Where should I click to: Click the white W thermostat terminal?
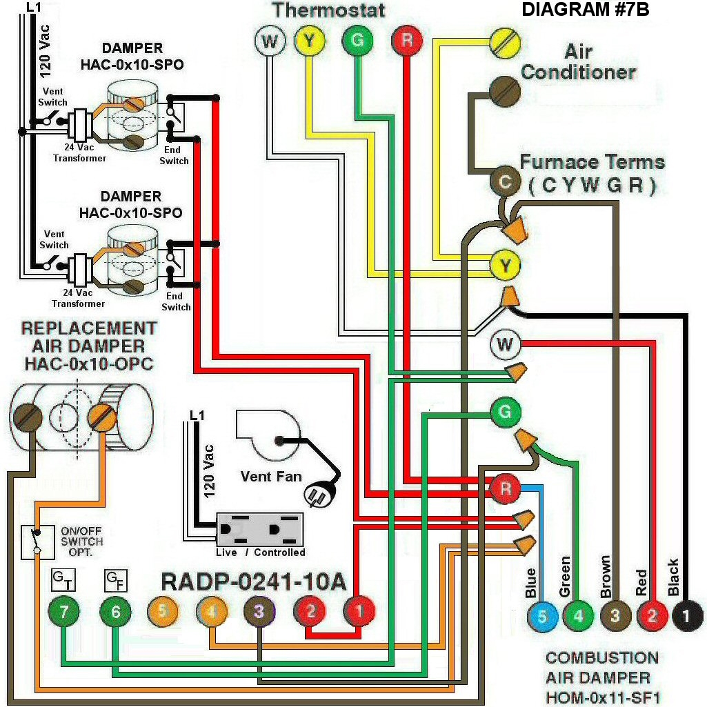[x=270, y=41]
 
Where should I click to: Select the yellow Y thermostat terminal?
[x=310, y=41]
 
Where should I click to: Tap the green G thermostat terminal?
[x=357, y=41]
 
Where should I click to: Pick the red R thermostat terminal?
[x=407, y=41]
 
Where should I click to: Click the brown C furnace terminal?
[x=505, y=182]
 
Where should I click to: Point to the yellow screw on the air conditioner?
[x=504, y=43]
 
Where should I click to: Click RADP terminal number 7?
[x=63, y=611]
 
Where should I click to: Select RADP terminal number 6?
[x=114, y=611]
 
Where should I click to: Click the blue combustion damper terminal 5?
[x=542, y=616]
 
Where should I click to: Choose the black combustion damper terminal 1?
[x=685, y=616]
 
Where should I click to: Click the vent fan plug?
[x=319, y=494]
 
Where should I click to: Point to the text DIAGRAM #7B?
[x=585, y=10]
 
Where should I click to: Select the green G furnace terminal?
[x=505, y=412]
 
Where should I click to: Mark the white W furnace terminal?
[x=505, y=344]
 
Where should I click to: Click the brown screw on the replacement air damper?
[x=28, y=416]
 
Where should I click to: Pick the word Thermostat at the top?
[x=328, y=11]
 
